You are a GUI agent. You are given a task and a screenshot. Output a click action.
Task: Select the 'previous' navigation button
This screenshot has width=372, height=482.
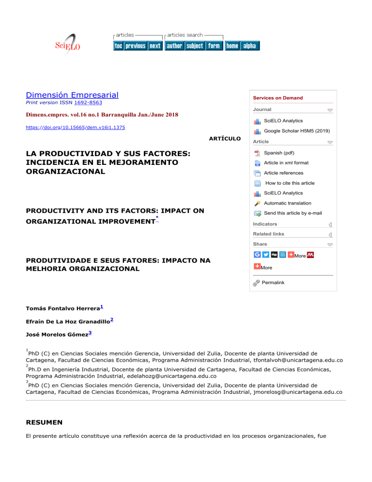click(x=136, y=46)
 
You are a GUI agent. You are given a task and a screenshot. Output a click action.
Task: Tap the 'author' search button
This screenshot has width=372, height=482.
click(x=174, y=46)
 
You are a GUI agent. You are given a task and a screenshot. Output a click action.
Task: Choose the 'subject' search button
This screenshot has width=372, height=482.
click(x=195, y=46)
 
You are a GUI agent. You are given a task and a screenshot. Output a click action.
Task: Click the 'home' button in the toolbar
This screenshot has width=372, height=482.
click(x=232, y=46)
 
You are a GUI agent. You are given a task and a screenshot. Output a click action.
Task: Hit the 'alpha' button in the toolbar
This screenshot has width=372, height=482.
click(x=249, y=46)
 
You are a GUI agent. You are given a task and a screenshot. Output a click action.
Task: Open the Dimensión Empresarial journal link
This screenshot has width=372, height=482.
click(x=72, y=96)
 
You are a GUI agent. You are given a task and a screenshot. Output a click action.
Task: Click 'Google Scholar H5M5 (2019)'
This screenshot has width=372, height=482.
click(x=295, y=131)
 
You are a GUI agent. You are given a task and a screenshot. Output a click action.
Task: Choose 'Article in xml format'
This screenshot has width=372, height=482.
click(x=286, y=163)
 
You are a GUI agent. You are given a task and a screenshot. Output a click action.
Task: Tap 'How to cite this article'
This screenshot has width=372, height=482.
click(x=290, y=183)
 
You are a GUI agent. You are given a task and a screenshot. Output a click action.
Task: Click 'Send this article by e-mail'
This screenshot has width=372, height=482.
click(x=293, y=213)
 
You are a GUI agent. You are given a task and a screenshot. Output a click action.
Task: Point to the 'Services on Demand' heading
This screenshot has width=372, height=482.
click(x=278, y=98)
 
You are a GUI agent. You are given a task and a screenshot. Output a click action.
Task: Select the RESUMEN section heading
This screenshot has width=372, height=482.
click(x=44, y=422)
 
